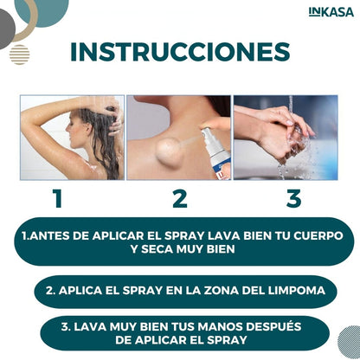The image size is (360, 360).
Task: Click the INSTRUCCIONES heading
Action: [180, 52]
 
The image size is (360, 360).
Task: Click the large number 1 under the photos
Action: [57, 199]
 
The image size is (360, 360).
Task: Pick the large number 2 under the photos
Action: [179, 199]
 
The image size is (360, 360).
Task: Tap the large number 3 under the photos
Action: [294, 199]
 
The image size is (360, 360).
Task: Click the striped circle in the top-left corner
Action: [19, 55]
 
